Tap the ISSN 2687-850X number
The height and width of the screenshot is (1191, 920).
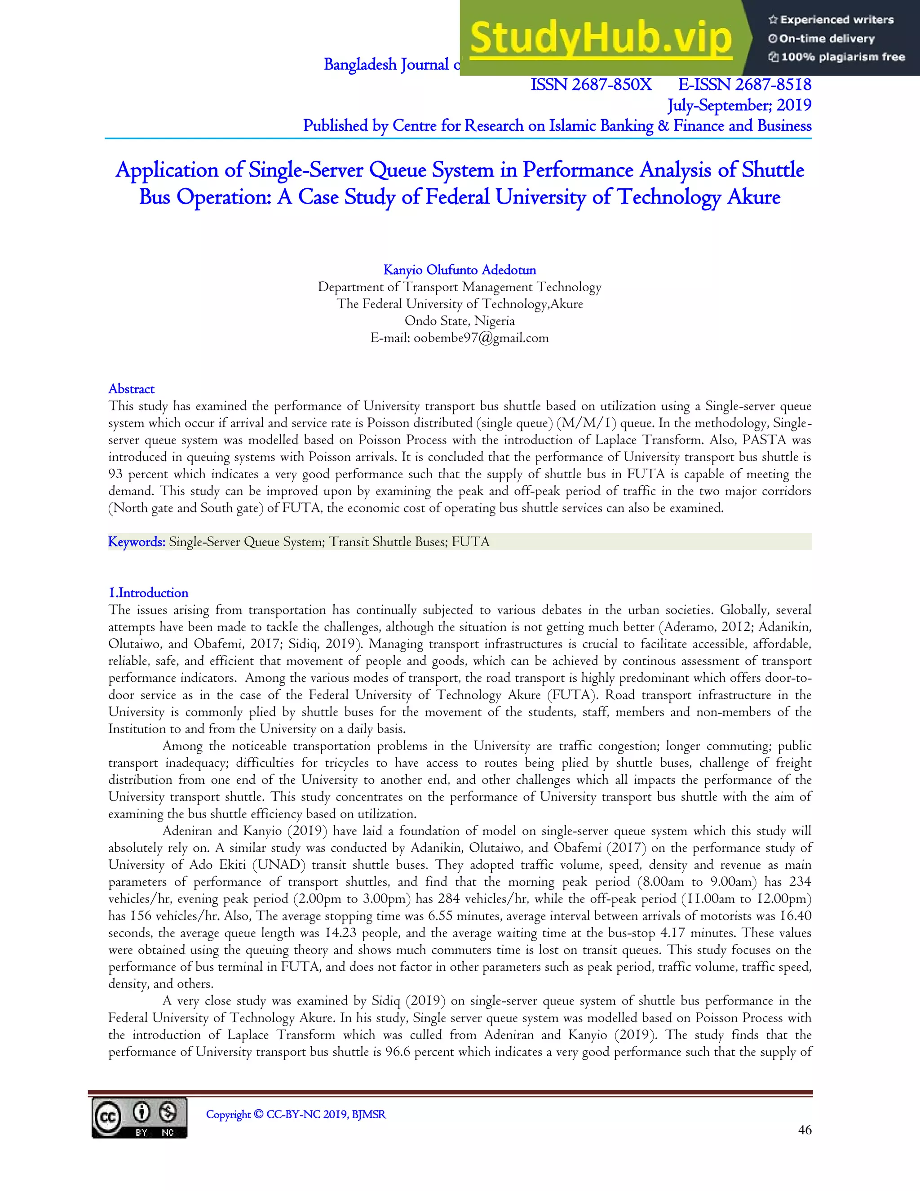click(x=591, y=85)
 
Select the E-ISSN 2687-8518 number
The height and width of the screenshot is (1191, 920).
click(x=744, y=85)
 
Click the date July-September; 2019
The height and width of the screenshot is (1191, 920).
click(x=739, y=105)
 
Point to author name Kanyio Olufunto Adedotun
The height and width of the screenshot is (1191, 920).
click(x=460, y=270)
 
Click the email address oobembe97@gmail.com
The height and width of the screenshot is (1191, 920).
click(x=481, y=338)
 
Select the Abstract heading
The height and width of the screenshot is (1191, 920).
click(x=131, y=389)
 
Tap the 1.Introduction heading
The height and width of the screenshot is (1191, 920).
click(x=148, y=593)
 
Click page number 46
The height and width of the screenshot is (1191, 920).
click(x=805, y=1130)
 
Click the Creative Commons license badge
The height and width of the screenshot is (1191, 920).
click(x=140, y=1117)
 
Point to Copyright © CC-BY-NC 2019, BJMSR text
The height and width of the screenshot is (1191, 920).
click(x=296, y=1114)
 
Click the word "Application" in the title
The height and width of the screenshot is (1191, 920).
click(x=167, y=170)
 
